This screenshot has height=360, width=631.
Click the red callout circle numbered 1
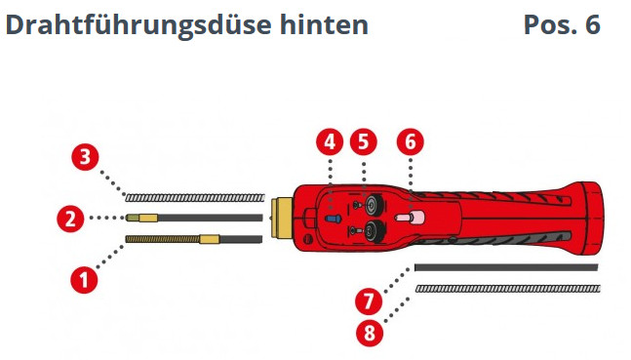[84, 280]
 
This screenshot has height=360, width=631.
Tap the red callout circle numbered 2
[69, 219]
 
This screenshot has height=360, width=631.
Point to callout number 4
[330, 141]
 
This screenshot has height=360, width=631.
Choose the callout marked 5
[364, 141]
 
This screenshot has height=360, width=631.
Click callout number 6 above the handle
[410, 141]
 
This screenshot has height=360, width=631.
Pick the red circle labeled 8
[370, 333]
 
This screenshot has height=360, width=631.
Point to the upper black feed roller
[374, 206]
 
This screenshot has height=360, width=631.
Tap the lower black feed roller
[374, 231]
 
